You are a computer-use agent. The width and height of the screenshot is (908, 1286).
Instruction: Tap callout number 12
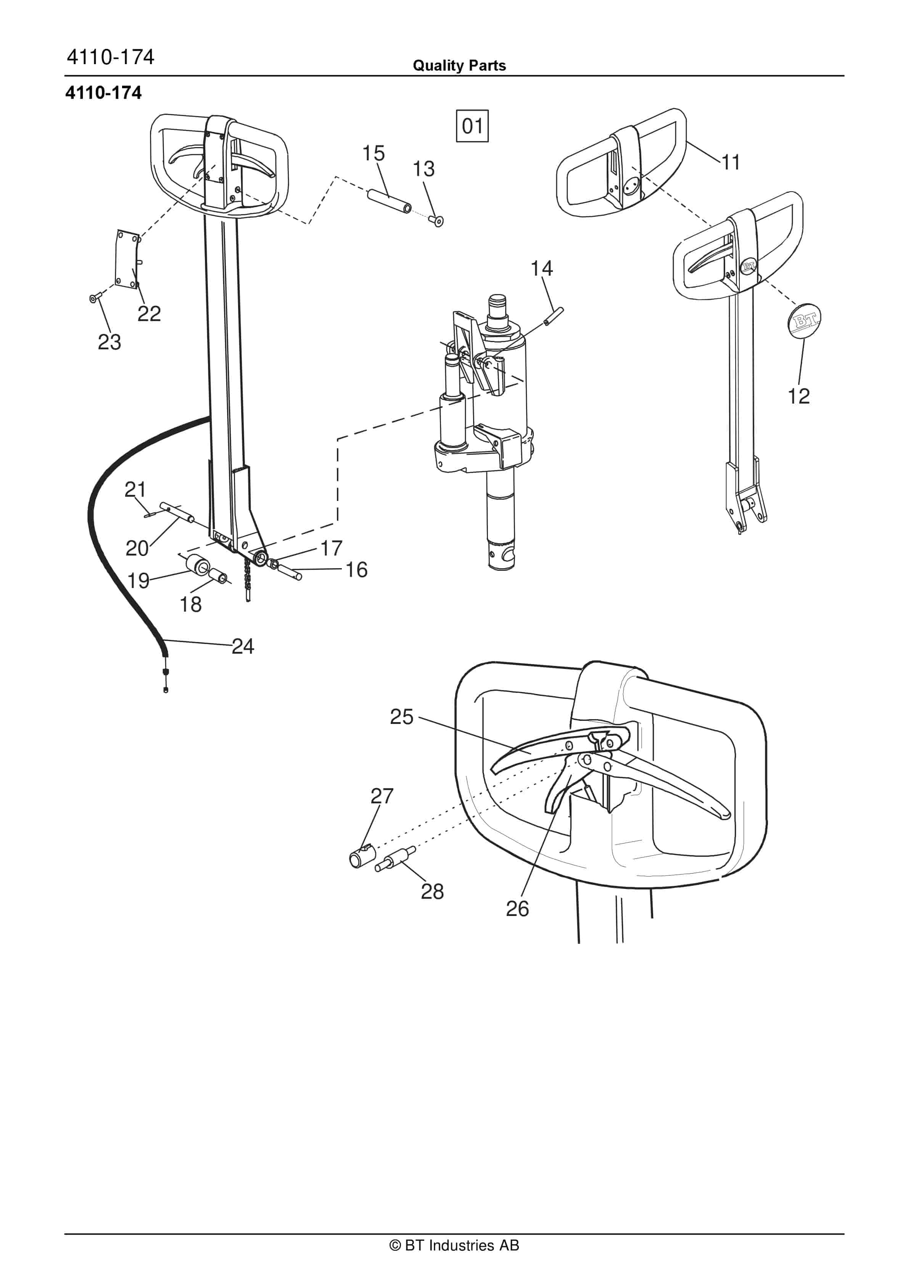[x=798, y=396]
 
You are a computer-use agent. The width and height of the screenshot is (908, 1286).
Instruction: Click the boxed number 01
[x=472, y=126]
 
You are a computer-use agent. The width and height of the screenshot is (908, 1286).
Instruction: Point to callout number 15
[x=374, y=153]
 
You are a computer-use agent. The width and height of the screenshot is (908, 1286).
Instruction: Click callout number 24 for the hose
[x=242, y=646]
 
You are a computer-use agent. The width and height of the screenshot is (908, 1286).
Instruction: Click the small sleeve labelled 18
[x=218, y=575]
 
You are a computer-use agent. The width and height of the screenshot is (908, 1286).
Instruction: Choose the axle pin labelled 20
[x=177, y=512]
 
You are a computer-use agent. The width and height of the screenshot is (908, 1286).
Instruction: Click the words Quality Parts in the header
[x=459, y=66]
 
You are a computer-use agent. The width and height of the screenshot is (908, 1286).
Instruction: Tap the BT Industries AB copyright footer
[x=454, y=1245]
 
